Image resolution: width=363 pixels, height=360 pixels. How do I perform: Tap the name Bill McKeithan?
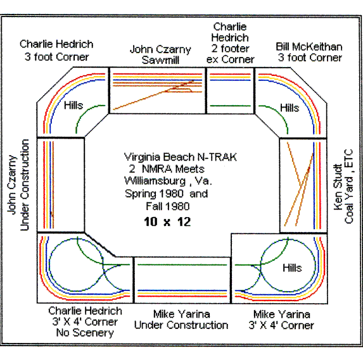click(x=309, y=46)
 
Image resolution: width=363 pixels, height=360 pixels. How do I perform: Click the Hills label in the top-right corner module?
click(x=290, y=108)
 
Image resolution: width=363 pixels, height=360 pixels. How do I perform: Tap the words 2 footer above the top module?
click(x=229, y=48)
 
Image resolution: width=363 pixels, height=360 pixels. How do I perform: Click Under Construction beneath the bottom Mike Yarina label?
click(x=181, y=325)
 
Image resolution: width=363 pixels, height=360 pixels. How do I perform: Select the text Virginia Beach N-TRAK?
click(x=181, y=157)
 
